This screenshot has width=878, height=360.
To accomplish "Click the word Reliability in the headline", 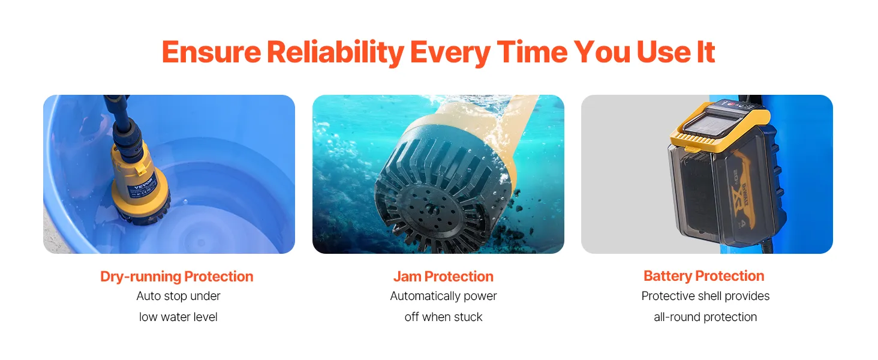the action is [x=335, y=53].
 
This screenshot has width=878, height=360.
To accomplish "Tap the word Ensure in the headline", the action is [x=211, y=52].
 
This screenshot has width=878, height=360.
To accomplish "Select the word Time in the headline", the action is [x=532, y=52].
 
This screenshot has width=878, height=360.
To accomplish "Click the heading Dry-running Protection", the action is [x=177, y=277].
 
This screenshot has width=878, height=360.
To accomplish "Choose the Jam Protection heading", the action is [x=443, y=277].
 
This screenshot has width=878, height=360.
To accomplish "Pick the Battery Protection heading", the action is [x=704, y=276].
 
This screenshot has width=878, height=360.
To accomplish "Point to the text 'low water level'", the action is [x=178, y=317].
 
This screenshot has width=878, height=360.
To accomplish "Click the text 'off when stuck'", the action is [x=443, y=317].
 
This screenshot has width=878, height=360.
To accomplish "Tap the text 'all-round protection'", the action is [x=705, y=317].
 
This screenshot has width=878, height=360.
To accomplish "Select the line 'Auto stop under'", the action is [x=178, y=296].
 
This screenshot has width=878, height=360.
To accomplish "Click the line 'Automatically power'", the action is [x=443, y=296].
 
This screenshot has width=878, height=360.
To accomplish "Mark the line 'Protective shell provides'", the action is [x=705, y=296].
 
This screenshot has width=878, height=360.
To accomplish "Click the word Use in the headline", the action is [x=663, y=52].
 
